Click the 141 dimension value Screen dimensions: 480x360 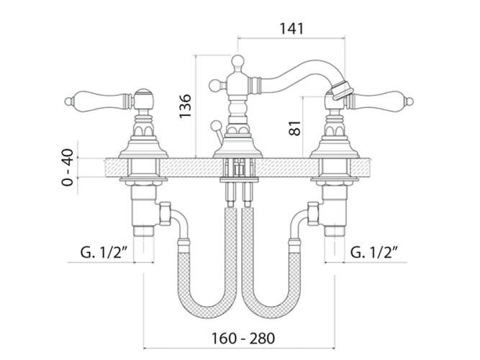coord(291,29)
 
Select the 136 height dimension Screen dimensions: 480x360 coord(185,106)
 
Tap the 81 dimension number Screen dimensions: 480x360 coord(295,127)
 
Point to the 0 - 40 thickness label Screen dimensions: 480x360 coord(68,167)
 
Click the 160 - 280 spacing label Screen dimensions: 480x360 coord(243,338)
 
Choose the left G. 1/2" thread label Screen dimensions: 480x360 coord(104,253)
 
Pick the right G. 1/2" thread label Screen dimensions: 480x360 coord(374,253)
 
